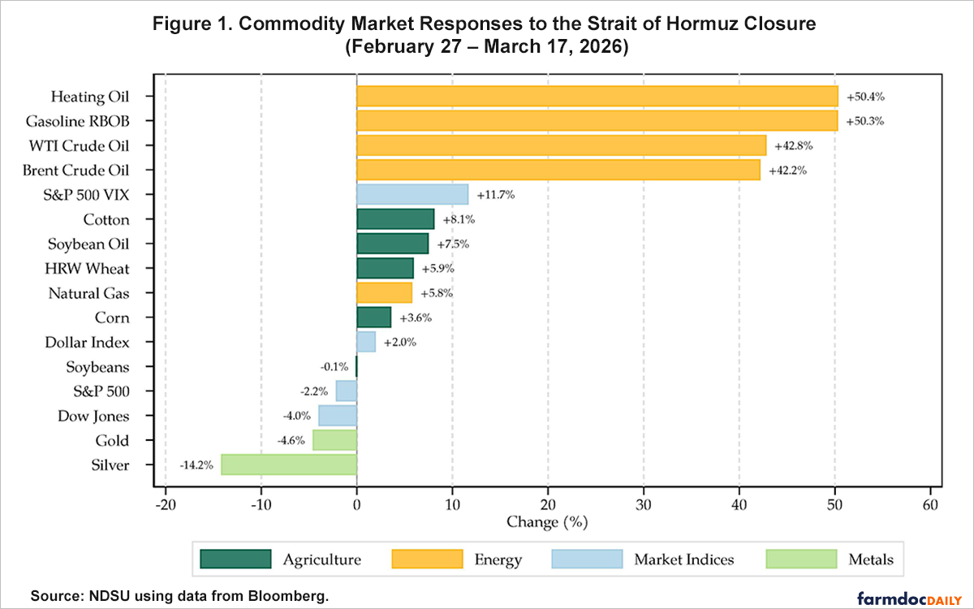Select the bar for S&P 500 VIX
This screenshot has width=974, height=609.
click(412, 195)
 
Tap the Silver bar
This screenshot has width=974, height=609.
click(288, 465)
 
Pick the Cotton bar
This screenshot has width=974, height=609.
click(395, 219)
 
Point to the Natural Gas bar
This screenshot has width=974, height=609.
click(384, 293)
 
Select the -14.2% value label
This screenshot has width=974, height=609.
click(196, 466)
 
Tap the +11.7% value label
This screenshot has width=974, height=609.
click(495, 196)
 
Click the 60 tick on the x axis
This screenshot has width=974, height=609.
click(930, 504)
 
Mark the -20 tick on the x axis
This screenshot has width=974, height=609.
click(166, 504)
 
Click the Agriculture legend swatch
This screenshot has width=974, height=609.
click(236, 559)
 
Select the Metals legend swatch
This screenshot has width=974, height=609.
click(800, 559)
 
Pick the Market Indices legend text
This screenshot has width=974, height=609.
click(683, 559)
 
